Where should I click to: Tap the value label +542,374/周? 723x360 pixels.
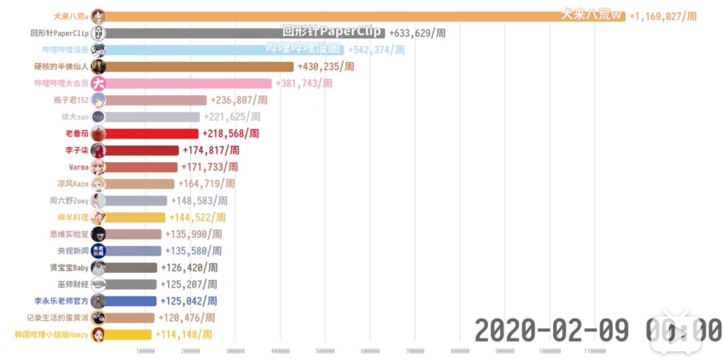(x=376, y=50)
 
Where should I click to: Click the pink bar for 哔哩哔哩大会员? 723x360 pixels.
(x=187, y=84)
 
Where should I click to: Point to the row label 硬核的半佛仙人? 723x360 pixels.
(x=61, y=67)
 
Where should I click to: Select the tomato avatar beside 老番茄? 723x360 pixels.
(x=98, y=134)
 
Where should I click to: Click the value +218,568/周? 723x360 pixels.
(x=230, y=134)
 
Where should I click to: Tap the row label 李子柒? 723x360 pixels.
(x=77, y=151)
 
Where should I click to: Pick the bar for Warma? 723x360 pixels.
(x=141, y=167)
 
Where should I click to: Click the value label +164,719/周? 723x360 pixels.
(x=206, y=184)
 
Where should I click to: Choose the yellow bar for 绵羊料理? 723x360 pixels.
(x=134, y=217)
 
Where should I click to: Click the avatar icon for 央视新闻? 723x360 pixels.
(x=98, y=251)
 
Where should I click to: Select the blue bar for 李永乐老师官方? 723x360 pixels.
(x=131, y=301)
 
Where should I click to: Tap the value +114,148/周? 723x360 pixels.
(x=183, y=335)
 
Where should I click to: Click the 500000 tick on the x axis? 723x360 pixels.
(x=325, y=351)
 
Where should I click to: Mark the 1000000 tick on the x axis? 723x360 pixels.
(x=550, y=351)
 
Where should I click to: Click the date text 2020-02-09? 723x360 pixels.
(x=552, y=330)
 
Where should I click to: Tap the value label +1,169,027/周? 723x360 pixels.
(x=662, y=16)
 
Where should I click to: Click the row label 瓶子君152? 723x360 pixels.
(x=70, y=100)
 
